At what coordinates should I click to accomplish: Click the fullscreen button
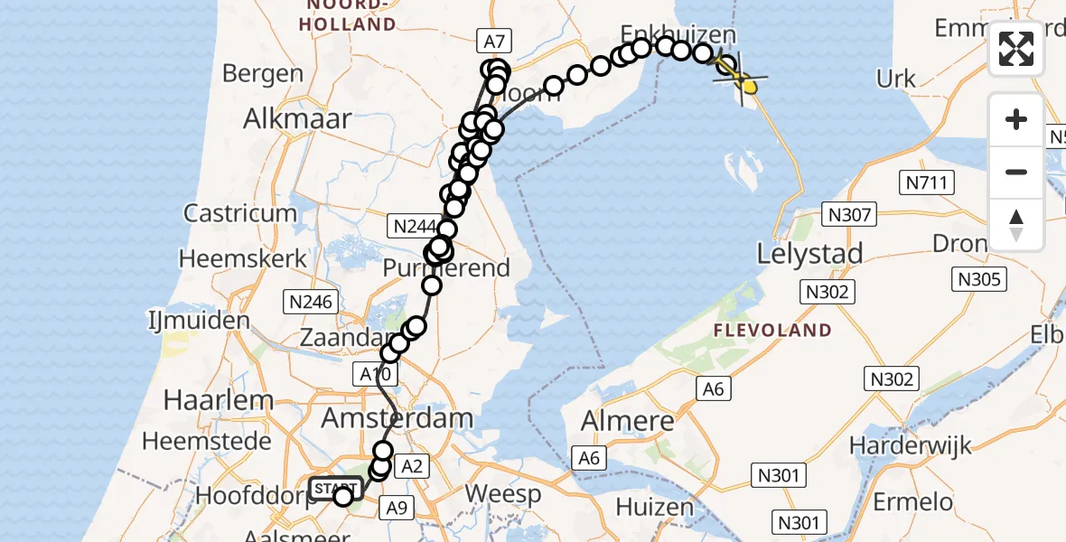[x=1016, y=49]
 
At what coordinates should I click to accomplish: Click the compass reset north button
[x=1016, y=225]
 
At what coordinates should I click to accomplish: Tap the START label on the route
[x=335, y=490]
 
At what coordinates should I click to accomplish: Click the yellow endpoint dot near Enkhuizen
[x=749, y=86]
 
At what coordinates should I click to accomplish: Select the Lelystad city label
[x=809, y=253]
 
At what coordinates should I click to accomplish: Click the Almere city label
[x=629, y=421]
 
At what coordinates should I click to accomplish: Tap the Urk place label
[x=896, y=79]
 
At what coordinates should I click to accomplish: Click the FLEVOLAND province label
[x=772, y=331]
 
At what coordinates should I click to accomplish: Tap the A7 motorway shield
[x=494, y=40]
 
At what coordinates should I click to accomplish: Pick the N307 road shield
[x=849, y=215]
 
